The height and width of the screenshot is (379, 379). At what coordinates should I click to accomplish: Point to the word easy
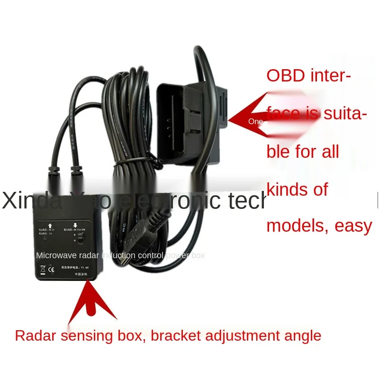[353, 226]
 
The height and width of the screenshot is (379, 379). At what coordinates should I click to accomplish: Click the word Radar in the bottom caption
[33, 336]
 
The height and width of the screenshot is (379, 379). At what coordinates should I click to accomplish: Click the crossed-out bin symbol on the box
[42, 271]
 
